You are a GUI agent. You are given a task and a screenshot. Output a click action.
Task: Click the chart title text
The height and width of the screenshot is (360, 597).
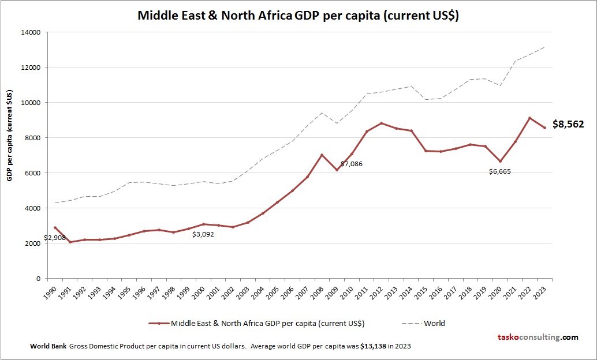pos(298,16)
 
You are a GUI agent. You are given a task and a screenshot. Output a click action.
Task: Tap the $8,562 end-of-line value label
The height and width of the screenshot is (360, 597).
pos(568,124)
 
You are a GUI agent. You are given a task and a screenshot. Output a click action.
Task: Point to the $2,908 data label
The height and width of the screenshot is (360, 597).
pos(54,237)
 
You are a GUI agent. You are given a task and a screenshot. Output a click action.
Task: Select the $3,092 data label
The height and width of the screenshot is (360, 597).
pos(203,234)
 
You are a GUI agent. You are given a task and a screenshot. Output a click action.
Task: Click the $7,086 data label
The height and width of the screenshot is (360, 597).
pos(351,164)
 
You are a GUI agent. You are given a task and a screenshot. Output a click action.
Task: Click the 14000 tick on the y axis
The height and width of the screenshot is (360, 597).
pos(31,32)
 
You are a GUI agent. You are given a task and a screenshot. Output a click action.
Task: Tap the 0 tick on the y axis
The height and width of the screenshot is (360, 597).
pos(38,279)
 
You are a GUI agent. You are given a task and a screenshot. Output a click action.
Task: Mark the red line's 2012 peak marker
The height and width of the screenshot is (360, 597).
pos(381,123)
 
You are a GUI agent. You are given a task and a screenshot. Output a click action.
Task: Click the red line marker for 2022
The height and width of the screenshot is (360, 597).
pos(529,118)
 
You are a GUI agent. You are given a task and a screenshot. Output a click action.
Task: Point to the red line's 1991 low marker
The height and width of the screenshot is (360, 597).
pos(70,242)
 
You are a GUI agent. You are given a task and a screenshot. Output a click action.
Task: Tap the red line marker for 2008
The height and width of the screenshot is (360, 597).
pos(322,155)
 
